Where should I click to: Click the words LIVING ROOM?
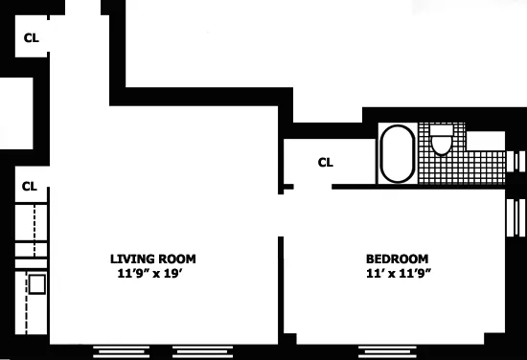pyautogui.click(x=153, y=259)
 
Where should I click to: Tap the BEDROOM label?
pyautogui.click(x=397, y=259)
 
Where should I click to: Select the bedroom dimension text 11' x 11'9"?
pyautogui.click(x=397, y=273)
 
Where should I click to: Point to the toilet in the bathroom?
pyautogui.click(x=441, y=141)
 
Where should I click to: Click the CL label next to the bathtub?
pyautogui.click(x=326, y=162)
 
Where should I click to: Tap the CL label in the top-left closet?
pyautogui.click(x=31, y=38)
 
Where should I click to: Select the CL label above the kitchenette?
pyautogui.click(x=29, y=186)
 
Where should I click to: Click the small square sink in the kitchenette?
pyautogui.click(x=36, y=283)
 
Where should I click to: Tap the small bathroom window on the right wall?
pyautogui.click(x=518, y=161)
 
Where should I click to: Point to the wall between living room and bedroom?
pyautogui.click(x=282, y=287)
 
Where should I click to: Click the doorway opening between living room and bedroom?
pyautogui.click(x=282, y=215)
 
